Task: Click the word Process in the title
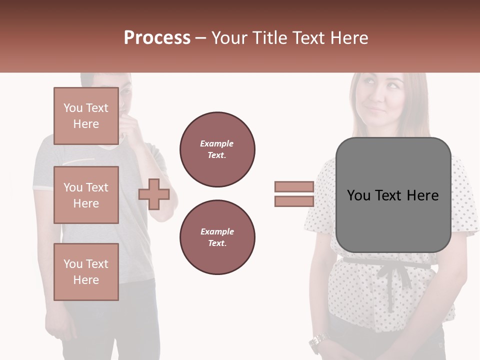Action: point(157,38)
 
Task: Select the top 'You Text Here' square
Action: point(86,116)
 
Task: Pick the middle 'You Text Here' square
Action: point(86,195)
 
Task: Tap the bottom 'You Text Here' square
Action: point(86,272)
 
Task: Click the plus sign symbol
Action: point(154,194)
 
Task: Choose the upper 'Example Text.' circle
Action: point(217,149)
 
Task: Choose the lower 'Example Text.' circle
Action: point(217,237)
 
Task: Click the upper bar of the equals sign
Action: point(294,186)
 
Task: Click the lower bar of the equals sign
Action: point(294,201)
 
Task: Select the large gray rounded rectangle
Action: point(393,195)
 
